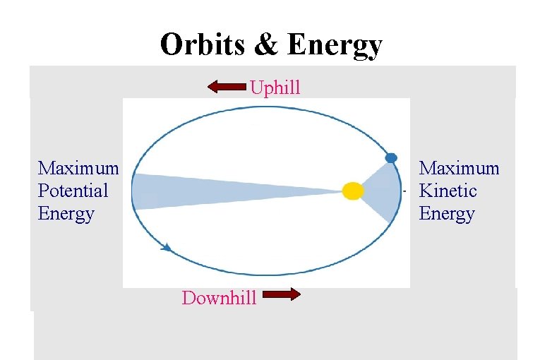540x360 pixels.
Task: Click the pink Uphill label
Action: (275, 88)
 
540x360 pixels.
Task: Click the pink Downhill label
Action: (219, 298)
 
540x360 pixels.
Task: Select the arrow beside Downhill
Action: (281, 295)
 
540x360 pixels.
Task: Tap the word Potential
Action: (73, 191)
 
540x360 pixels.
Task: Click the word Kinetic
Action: (448, 191)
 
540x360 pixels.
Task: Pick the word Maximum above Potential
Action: (78, 168)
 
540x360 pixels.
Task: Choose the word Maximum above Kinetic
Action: (459, 168)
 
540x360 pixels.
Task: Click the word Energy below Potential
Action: (66, 213)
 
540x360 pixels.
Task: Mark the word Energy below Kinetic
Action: (447, 213)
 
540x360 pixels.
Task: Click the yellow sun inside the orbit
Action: (352, 191)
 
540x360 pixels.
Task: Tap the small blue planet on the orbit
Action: (391, 157)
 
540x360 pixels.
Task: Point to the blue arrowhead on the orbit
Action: (167, 247)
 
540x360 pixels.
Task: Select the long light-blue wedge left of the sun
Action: (212, 191)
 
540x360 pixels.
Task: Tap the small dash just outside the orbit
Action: (404, 191)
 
